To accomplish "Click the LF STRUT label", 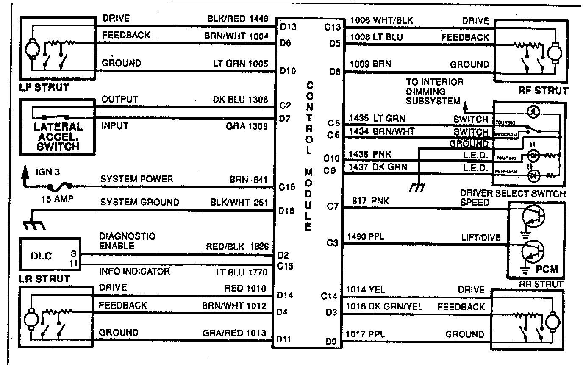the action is pyautogui.click(x=44, y=88).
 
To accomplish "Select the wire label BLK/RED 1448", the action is pyautogui.click(x=238, y=19).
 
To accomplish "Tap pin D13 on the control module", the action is pyautogui.click(x=288, y=27).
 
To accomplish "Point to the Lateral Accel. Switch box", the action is pyautogui.click(x=58, y=127).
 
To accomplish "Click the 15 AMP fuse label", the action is pyautogui.click(x=55, y=198).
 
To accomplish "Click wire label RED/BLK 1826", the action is pyautogui.click(x=238, y=247).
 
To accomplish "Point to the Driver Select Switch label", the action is pyautogui.click(x=513, y=194).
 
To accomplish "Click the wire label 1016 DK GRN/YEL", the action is pyautogui.click(x=384, y=306).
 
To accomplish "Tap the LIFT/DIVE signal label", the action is pyautogui.click(x=480, y=238).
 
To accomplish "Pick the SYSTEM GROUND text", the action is pyautogui.click(x=139, y=203).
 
